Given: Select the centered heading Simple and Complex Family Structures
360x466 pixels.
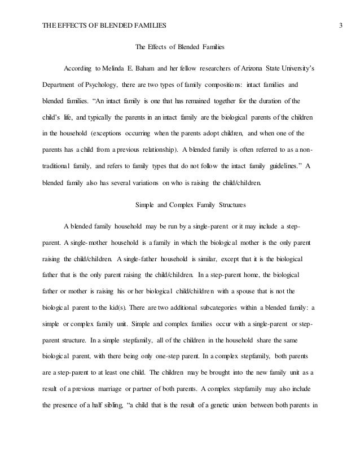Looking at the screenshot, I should (x=180, y=204).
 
